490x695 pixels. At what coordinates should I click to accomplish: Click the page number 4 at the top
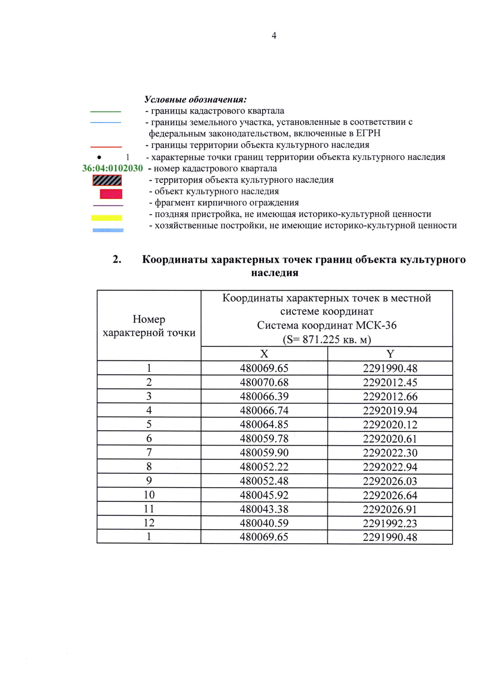(x=274, y=36)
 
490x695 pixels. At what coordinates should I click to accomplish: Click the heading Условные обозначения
(x=195, y=99)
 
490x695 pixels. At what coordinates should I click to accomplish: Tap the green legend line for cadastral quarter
(x=105, y=111)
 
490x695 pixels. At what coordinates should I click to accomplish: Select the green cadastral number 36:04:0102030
(x=112, y=168)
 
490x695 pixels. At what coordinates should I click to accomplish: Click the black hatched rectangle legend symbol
(x=107, y=180)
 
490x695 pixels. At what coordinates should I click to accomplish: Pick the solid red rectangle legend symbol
(x=111, y=194)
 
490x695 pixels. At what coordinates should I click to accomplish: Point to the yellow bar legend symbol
(x=107, y=218)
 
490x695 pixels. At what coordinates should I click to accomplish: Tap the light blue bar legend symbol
(x=108, y=230)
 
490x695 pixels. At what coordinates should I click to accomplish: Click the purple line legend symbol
(x=108, y=205)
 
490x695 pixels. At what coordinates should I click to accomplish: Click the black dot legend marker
(x=99, y=157)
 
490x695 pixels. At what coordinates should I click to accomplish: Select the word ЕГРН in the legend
(x=368, y=133)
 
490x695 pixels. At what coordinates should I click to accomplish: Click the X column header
(x=264, y=354)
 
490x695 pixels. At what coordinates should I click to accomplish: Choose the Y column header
(x=390, y=354)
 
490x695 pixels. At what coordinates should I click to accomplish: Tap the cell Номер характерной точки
(x=149, y=326)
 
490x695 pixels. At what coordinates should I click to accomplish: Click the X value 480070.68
(x=264, y=382)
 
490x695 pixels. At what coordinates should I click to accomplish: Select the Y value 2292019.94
(x=390, y=410)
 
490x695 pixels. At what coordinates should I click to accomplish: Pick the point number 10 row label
(x=149, y=495)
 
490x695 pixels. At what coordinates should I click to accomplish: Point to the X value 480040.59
(x=264, y=523)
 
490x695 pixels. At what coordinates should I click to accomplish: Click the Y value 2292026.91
(x=390, y=509)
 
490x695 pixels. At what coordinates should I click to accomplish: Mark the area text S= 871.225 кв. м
(x=327, y=339)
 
